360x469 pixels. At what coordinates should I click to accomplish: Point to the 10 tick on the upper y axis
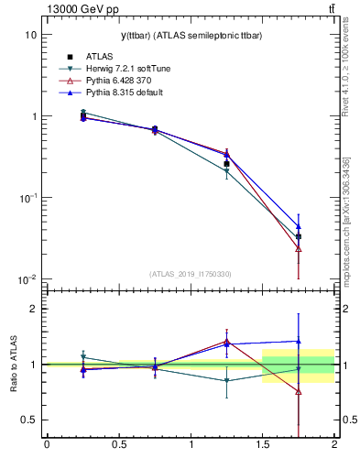click(x=30, y=35)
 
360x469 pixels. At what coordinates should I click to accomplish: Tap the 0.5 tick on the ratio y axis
click(x=27, y=420)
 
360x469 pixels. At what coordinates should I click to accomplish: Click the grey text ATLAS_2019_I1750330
click(x=191, y=274)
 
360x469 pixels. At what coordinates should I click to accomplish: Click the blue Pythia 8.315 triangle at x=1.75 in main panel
click(x=299, y=225)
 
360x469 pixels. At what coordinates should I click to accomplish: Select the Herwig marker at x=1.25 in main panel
click(x=226, y=171)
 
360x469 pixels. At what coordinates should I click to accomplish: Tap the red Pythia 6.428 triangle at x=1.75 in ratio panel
click(x=299, y=391)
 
